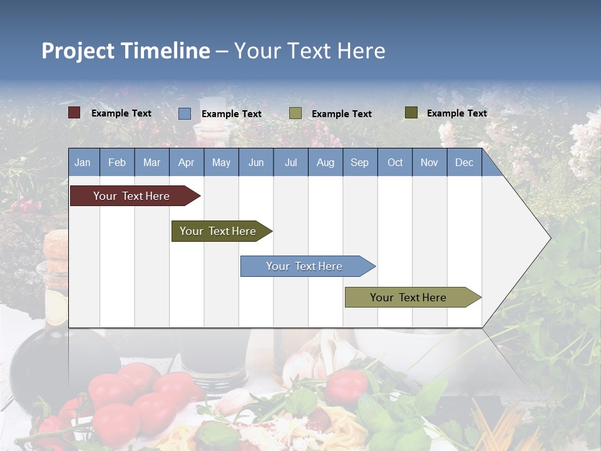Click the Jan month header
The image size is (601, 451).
(83, 163)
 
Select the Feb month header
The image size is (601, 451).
(117, 163)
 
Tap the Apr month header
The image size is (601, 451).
(186, 163)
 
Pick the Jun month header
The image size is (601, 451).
(256, 163)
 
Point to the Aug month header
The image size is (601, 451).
(325, 163)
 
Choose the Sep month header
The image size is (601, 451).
(359, 163)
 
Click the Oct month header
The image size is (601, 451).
(395, 163)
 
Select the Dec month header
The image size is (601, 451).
(464, 163)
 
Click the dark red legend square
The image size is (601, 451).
(74, 113)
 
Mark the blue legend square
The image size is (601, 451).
(185, 113)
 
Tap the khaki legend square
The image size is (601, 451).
(295, 113)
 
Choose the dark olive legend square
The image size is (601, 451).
(411, 113)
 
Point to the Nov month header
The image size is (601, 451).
(429, 163)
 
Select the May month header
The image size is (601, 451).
(221, 163)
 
